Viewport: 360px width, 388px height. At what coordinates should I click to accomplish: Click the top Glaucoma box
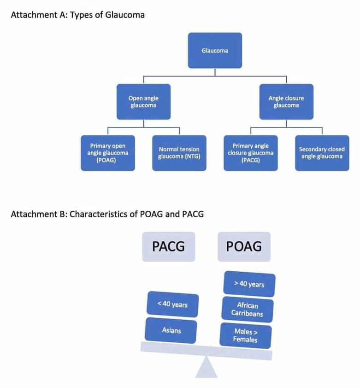[215, 50]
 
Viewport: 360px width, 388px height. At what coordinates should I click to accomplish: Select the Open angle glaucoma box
[143, 101]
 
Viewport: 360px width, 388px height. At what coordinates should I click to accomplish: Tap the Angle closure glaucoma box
[286, 101]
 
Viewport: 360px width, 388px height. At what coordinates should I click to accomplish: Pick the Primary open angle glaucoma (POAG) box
[108, 153]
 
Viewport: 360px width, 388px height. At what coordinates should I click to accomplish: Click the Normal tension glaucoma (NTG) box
[179, 153]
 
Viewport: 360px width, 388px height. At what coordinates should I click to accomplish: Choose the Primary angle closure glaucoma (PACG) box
[251, 153]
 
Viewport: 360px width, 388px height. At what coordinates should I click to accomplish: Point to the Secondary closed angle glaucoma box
[322, 153]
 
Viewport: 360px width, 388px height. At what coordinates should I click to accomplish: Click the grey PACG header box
[168, 246]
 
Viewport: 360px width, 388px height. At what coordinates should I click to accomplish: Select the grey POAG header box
[244, 246]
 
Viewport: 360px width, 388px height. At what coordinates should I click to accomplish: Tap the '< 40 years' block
[172, 304]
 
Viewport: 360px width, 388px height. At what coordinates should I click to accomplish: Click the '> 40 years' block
[249, 284]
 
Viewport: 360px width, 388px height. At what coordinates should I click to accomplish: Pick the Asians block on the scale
[171, 330]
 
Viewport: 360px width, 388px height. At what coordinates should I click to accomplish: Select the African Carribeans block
[247, 310]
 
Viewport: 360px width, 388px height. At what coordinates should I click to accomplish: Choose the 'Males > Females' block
[246, 335]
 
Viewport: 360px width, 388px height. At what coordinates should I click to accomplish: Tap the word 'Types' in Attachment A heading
[80, 15]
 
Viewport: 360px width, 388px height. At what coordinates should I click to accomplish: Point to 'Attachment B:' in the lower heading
[39, 214]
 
